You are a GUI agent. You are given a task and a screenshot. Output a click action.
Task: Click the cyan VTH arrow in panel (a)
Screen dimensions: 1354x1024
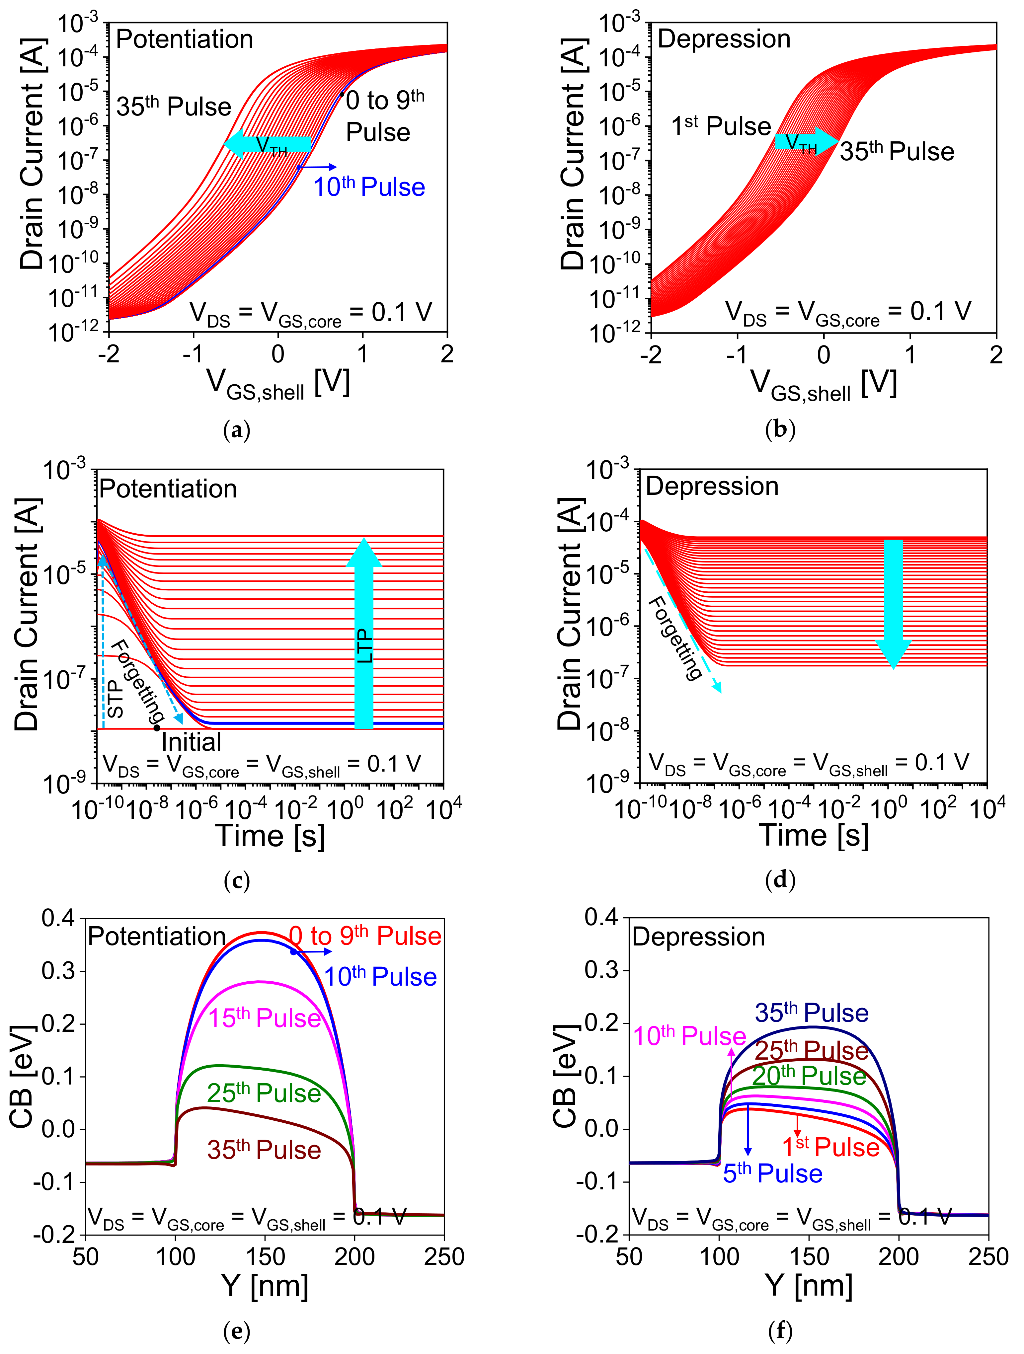[268, 144]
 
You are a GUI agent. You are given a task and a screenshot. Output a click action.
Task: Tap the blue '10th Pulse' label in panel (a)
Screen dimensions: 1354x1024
[369, 187]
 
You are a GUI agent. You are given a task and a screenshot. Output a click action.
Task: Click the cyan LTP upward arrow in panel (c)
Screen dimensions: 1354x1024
[364, 634]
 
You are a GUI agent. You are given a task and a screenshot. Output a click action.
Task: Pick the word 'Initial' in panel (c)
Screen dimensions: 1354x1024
[191, 742]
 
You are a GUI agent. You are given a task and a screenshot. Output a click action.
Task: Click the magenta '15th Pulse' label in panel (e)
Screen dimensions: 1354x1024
[265, 1018]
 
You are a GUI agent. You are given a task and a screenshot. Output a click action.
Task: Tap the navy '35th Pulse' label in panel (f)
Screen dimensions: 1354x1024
[812, 1013]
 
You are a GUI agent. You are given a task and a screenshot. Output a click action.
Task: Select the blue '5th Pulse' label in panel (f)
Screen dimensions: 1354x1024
[772, 1173]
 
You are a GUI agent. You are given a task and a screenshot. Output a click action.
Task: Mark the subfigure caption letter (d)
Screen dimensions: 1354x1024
[780, 881]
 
